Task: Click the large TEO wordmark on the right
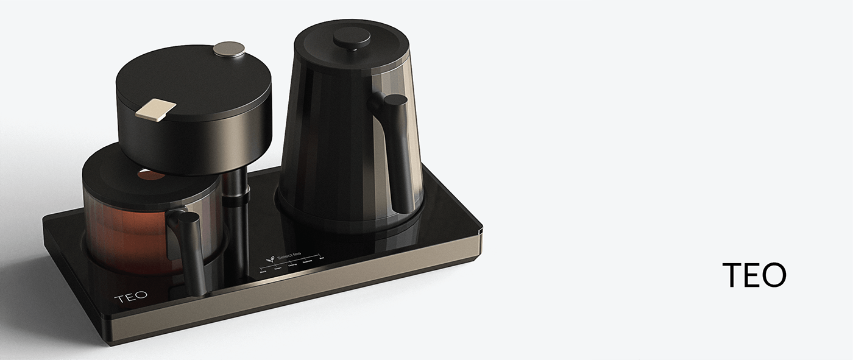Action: click(754, 275)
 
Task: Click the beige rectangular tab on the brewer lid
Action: click(156, 108)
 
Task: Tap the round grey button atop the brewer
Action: click(229, 49)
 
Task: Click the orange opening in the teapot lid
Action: click(150, 175)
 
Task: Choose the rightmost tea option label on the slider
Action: click(322, 259)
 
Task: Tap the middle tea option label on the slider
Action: click(292, 265)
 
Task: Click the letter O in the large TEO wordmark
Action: click(773, 275)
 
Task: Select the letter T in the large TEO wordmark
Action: click(732, 275)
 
